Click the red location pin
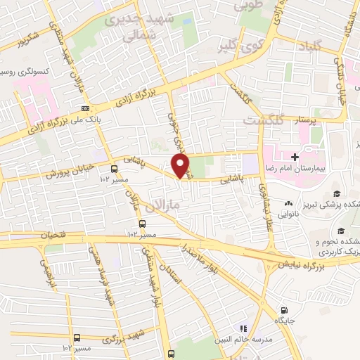click(181, 165)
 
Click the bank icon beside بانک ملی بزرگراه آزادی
click(85, 108)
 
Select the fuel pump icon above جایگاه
click(284, 310)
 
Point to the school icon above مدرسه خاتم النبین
click(244, 328)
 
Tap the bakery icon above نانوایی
click(288, 203)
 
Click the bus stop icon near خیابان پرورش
click(114, 168)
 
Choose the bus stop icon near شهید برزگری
click(77, 337)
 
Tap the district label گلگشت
click(262, 121)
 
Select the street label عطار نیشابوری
click(268, 205)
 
